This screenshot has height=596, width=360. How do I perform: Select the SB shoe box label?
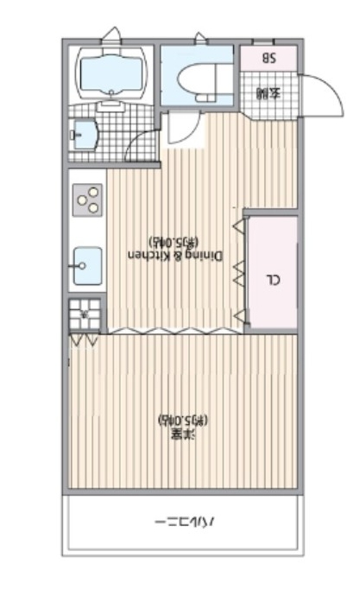[x=268, y=59]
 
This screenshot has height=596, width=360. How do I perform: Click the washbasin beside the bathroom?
[x=84, y=135]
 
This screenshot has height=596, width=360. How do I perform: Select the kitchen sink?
[x=87, y=265]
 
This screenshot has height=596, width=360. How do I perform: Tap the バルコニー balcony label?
[x=184, y=523]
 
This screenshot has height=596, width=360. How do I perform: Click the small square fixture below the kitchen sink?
[x=85, y=314]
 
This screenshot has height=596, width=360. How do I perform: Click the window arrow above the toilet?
[x=201, y=38]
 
